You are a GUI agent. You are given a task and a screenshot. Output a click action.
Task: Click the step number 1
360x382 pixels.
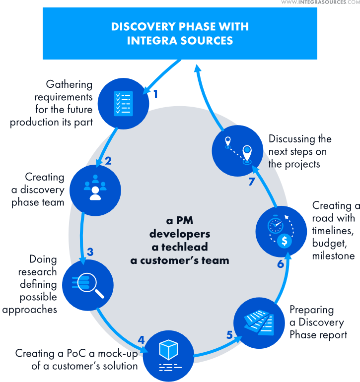pyautogui.click(x=155, y=94)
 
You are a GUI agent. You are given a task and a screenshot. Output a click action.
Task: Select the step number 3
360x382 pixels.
pyautogui.click(x=90, y=252)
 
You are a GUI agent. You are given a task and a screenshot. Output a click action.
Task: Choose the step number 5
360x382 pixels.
pyautogui.click(x=229, y=335)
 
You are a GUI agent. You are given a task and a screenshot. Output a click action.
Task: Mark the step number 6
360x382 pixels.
pyautogui.click(x=281, y=264)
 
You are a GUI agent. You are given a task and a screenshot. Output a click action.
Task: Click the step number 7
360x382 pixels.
pyautogui.click(x=251, y=182)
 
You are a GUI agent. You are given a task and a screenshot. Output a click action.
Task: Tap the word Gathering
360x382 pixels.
pyautogui.click(x=69, y=84)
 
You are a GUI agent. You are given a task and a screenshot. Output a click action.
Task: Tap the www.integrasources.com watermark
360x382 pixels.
pyautogui.click(x=320, y=3)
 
